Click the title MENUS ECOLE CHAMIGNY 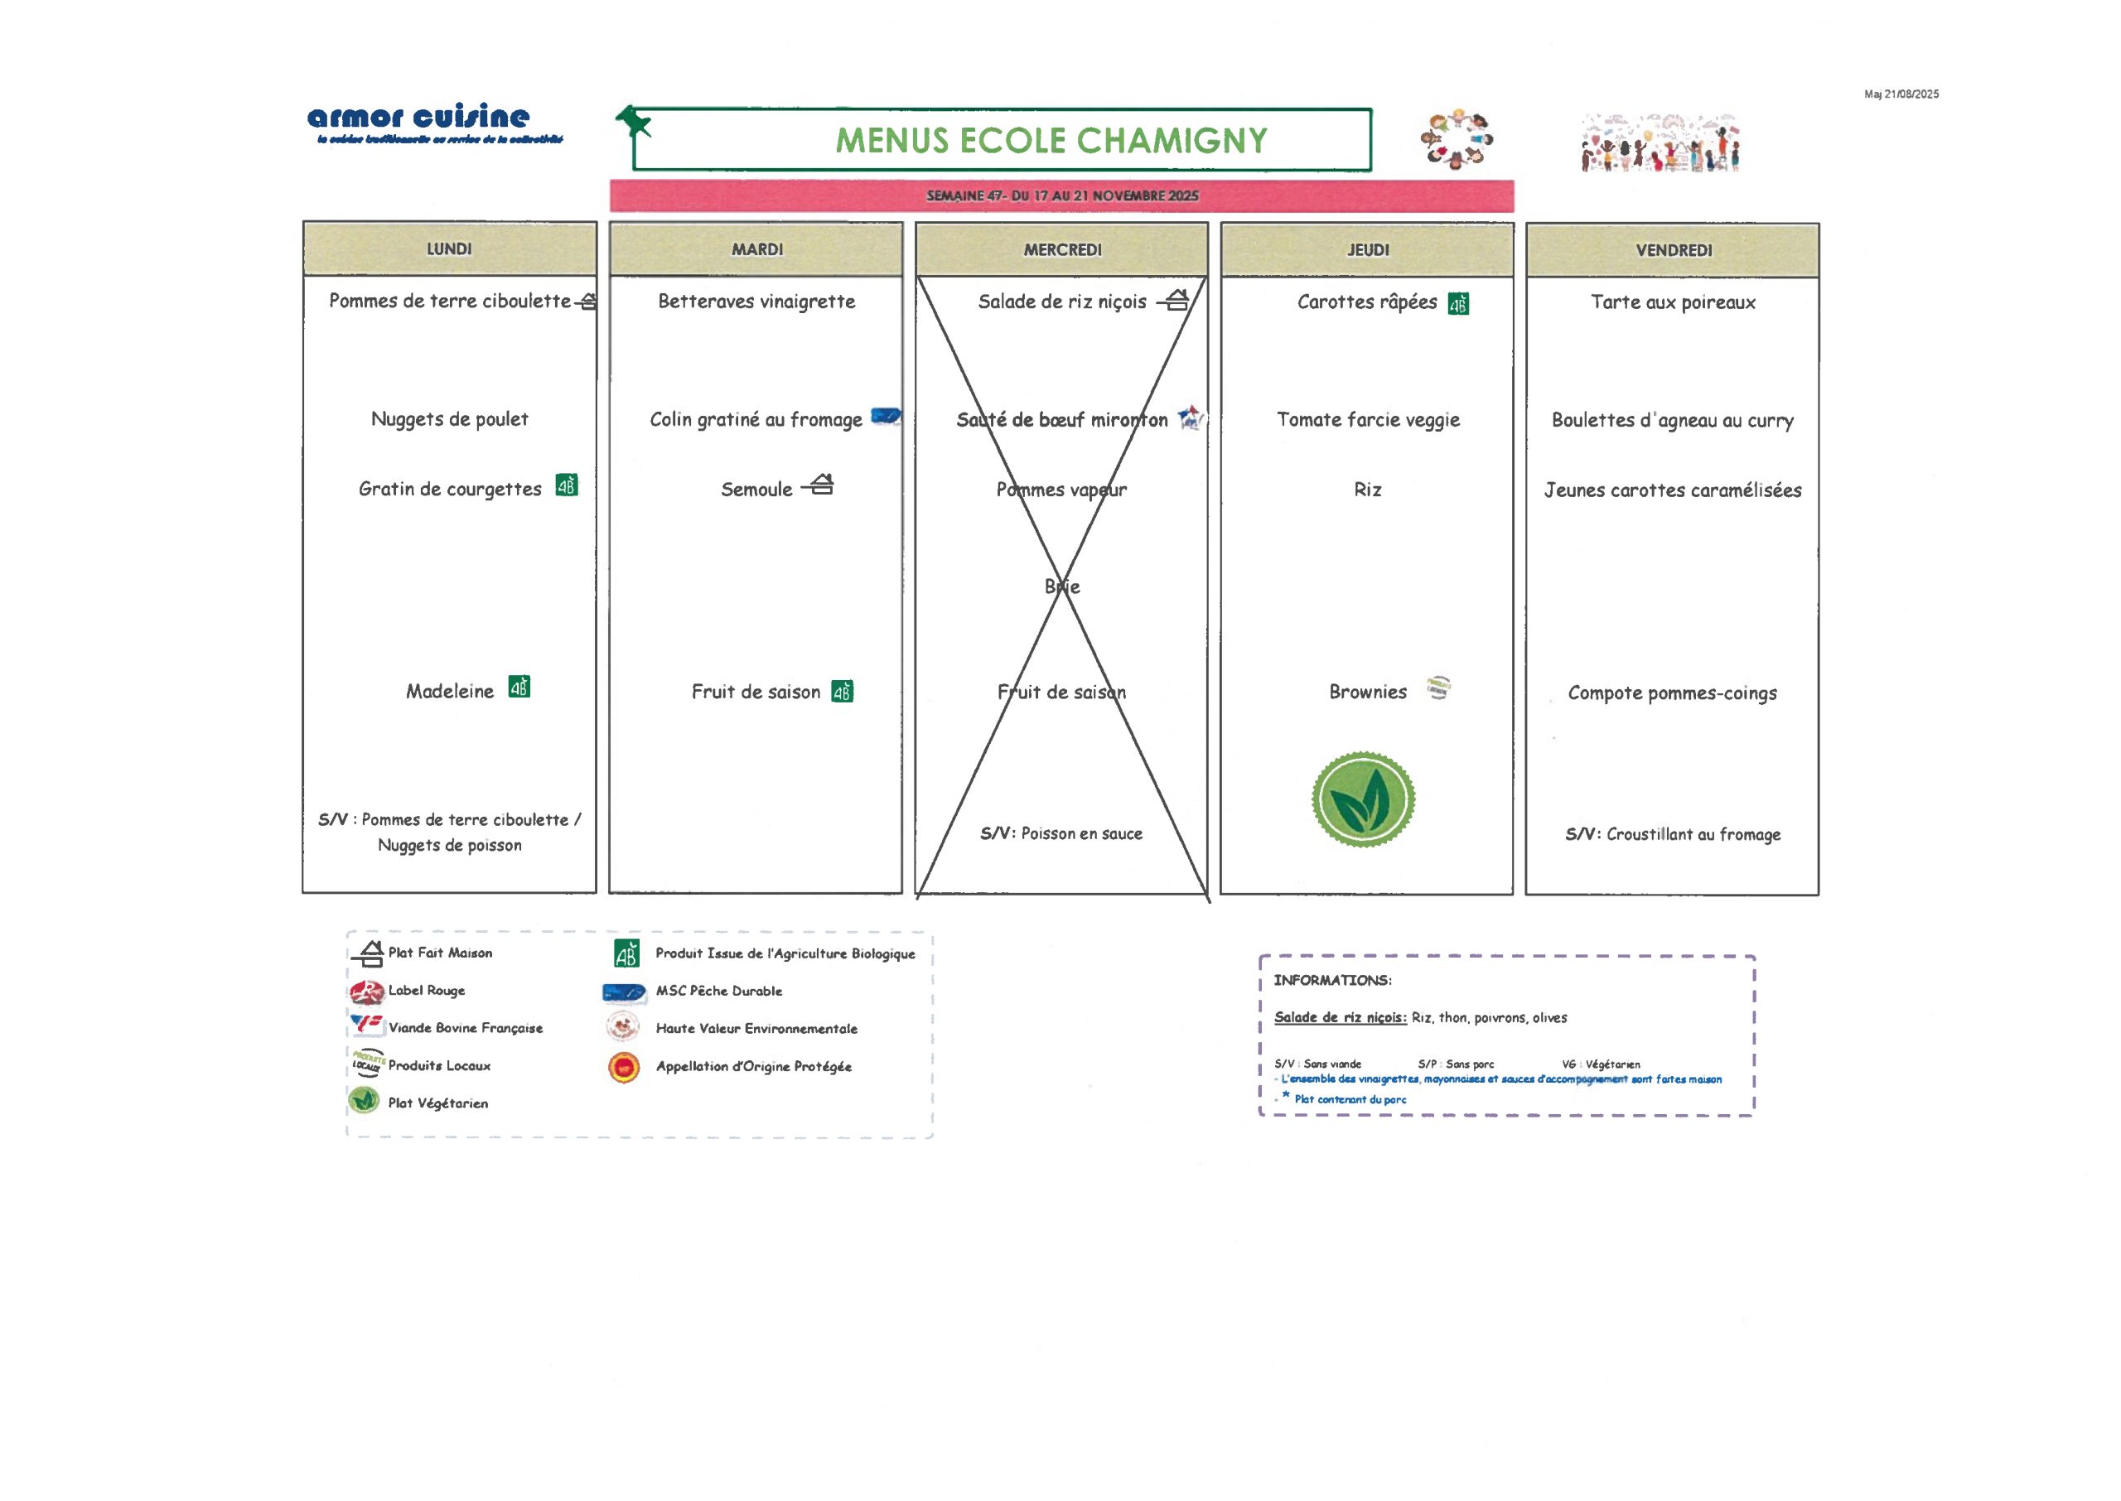1051,141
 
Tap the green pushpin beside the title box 633,121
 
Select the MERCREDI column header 1062,249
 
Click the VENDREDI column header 1673,250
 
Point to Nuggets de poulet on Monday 449,418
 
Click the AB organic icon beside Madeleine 519,688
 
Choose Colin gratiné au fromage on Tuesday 755,420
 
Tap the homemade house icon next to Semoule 819,485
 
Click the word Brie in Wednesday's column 1062,586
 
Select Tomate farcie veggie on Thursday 1368,420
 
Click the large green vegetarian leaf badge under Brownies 1362,799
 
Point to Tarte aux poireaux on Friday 1672,302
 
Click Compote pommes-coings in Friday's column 1672,693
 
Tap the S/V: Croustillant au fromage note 1672,833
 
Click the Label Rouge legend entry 426,990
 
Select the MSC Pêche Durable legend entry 718,991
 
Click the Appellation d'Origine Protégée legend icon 625,1068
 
